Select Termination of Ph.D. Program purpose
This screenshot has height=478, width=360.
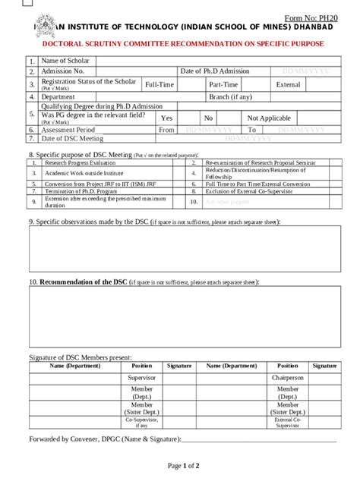[x=81, y=192]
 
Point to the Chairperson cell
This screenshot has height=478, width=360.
[x=287, y=377]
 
